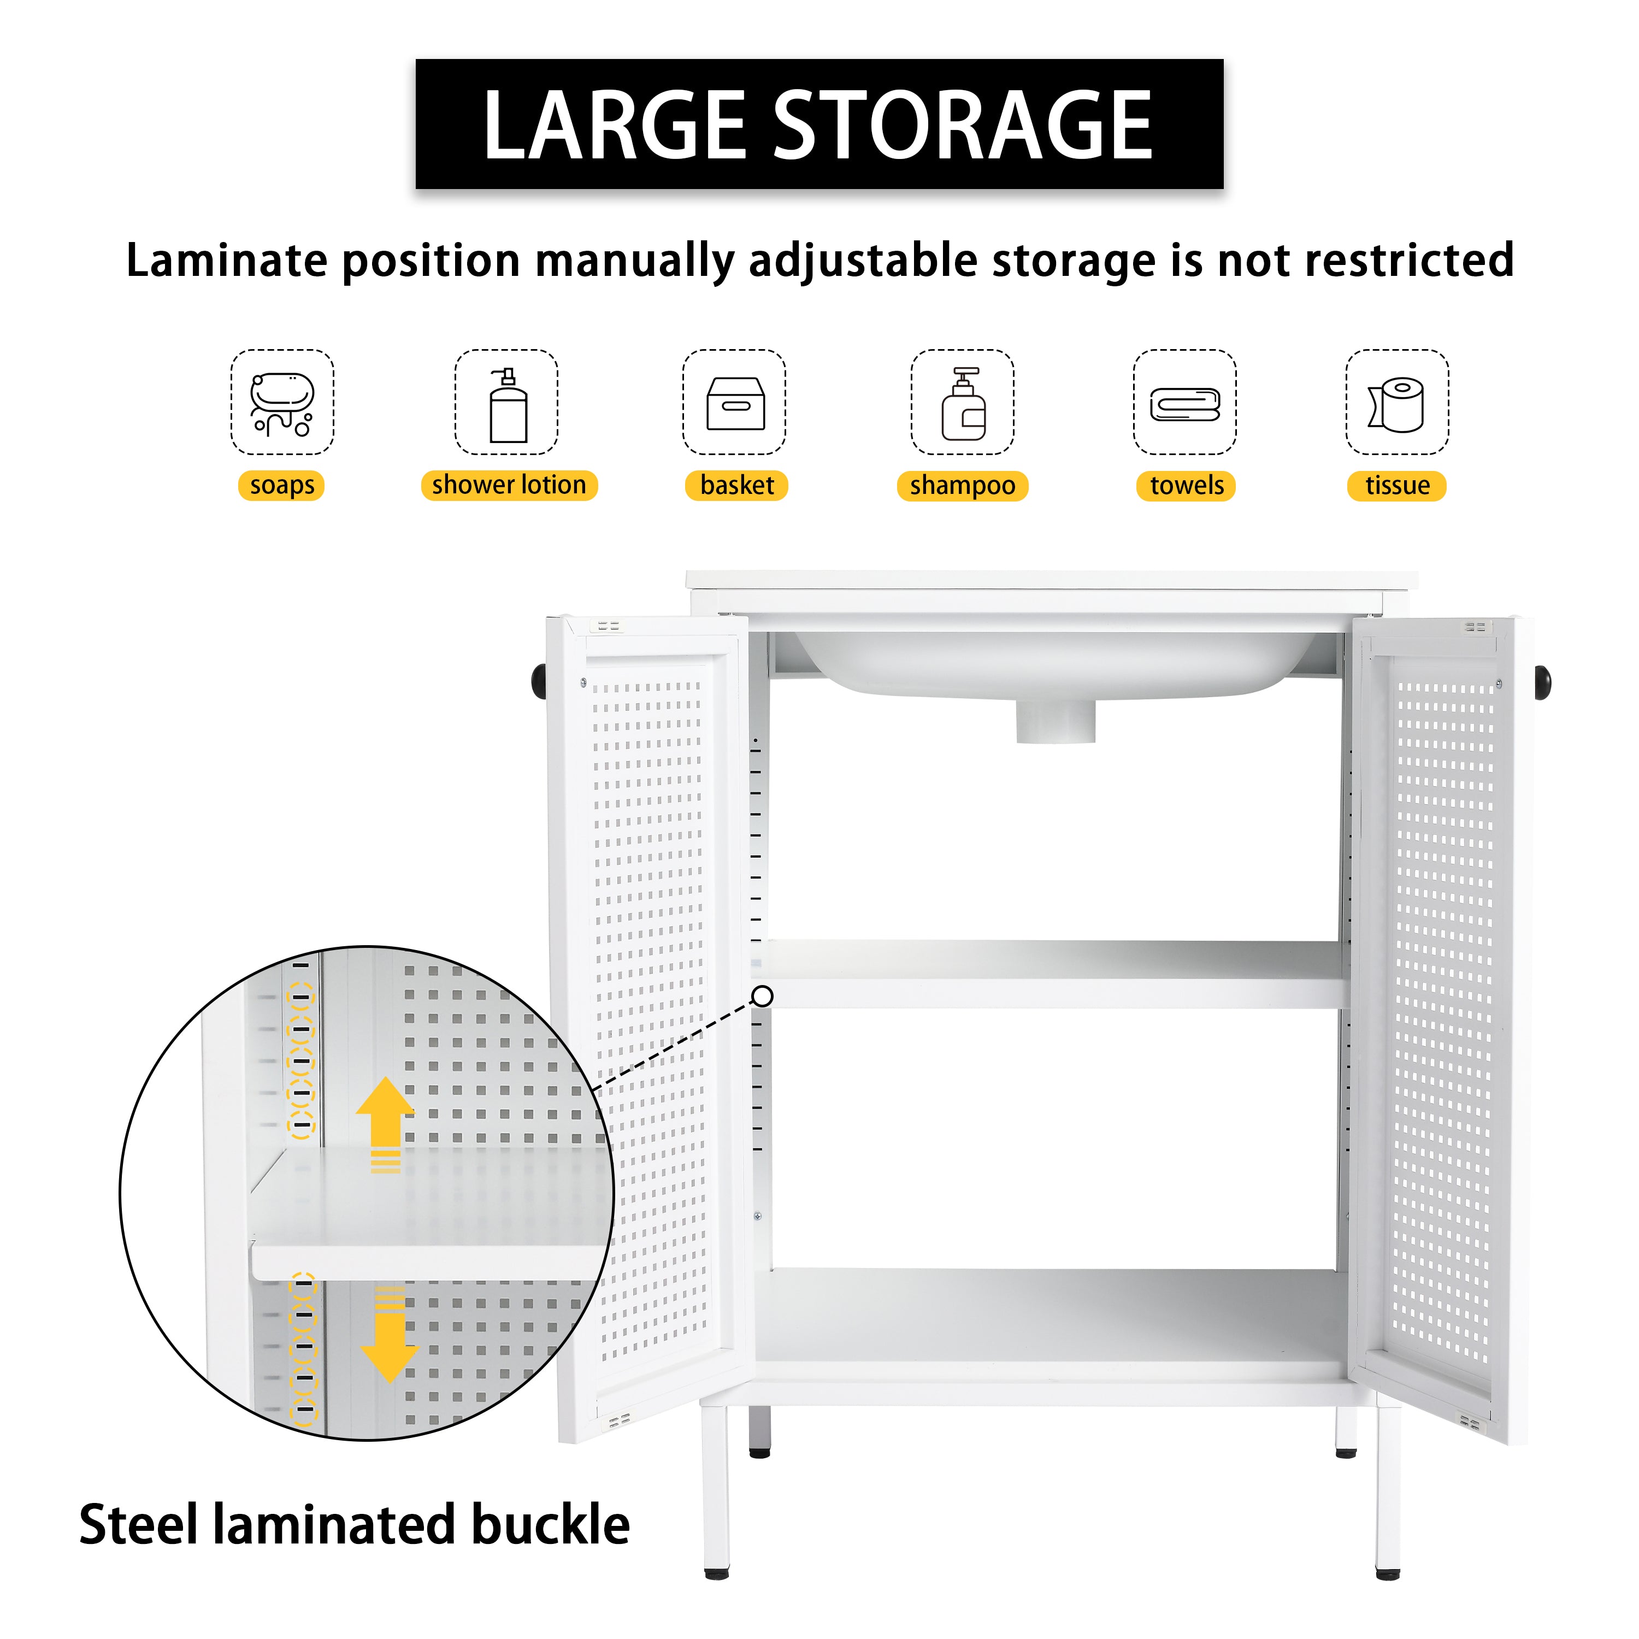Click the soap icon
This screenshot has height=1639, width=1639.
[x=282, y=402]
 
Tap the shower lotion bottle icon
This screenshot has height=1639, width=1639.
[x=508, y=405]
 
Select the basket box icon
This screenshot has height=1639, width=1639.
[x=735, y=403]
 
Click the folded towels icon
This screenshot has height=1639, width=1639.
[x=1184, y=404]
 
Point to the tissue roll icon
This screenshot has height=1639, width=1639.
[x=1396, y=404]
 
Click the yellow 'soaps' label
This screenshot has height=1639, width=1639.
[x=282, y=485]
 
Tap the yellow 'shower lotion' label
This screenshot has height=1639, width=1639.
[x=509, y=485]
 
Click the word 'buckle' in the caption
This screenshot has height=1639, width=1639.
[x=551, y=1524]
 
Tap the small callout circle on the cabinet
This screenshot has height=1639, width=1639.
[x=763, y=996]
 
